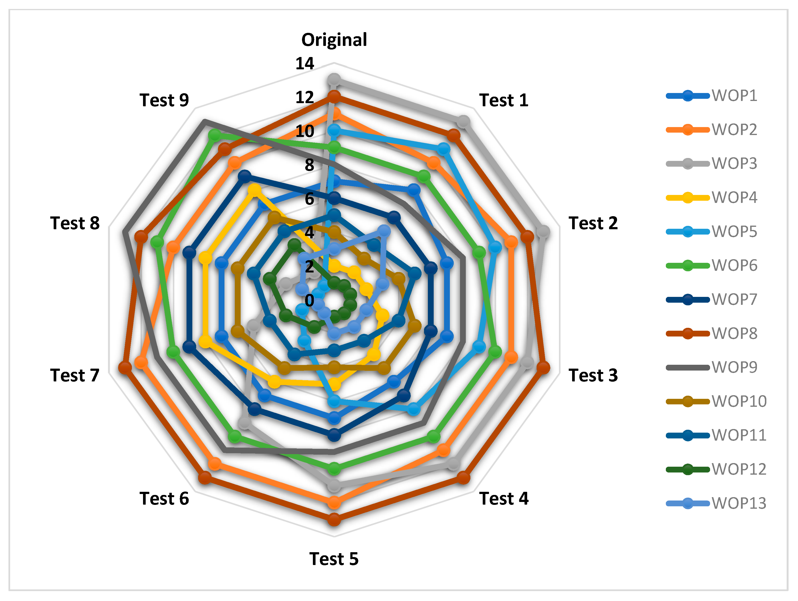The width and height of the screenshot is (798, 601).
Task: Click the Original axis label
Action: point(334,40)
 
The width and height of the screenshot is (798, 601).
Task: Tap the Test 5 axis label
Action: point(334,559)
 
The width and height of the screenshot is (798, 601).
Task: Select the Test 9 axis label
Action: point(164,100)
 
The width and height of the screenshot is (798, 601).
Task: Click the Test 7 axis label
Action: point(75,375)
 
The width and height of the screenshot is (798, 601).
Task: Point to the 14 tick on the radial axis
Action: point(305,64)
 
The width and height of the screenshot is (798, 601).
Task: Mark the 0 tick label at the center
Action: point(309,300)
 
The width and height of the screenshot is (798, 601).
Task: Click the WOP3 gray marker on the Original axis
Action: point(334,79)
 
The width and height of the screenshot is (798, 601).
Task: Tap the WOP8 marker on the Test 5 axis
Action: point(334,520)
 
